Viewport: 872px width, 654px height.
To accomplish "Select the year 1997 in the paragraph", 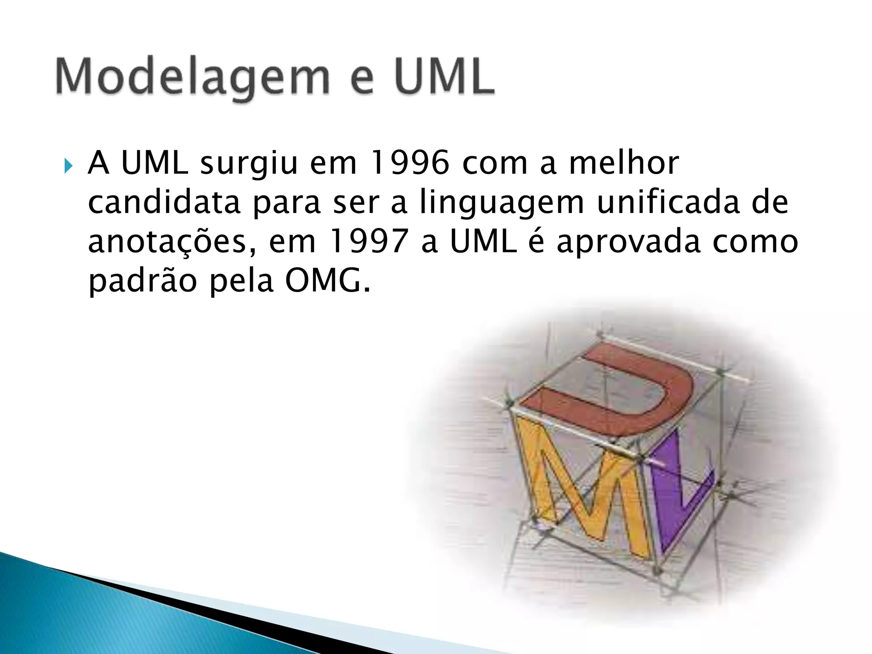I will pos(369,242).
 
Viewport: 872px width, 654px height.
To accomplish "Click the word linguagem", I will pos(502,204).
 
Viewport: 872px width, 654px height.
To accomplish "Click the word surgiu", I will pos(248,164).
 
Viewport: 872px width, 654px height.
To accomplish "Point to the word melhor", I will pos(624,163).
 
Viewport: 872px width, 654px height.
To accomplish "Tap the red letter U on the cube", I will pos(613,392).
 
